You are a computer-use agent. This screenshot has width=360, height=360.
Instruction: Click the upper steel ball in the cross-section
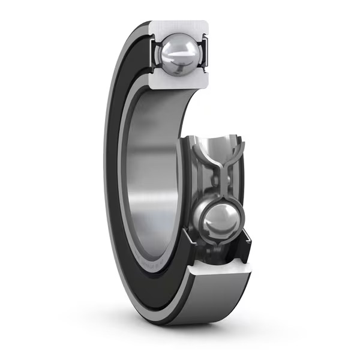click(178, 53)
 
